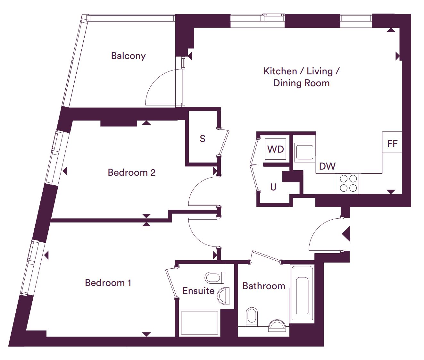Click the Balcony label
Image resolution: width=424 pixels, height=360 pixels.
coord(129,56)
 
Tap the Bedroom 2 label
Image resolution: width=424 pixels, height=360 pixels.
coord(131,172)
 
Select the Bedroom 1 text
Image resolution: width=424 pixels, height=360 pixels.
coord(108,283)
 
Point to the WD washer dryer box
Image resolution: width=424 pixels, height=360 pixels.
coord(276,149)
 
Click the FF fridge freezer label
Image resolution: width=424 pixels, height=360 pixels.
coord(392,144)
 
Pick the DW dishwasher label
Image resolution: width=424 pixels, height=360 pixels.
coord(327,166)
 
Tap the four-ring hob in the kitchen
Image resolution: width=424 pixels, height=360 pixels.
coord(348,183)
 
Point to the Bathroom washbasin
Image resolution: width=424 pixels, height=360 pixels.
coord(277,325)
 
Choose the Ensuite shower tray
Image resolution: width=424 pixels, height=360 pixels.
coord(199,323)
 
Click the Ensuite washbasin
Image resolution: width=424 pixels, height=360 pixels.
coord(223,296)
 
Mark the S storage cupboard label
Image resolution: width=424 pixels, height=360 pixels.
coord(203,139)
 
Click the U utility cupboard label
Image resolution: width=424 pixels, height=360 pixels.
coord(273,187)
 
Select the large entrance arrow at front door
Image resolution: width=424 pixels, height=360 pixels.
coord(346,234)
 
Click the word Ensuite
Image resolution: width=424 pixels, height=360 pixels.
coord(198,291)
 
